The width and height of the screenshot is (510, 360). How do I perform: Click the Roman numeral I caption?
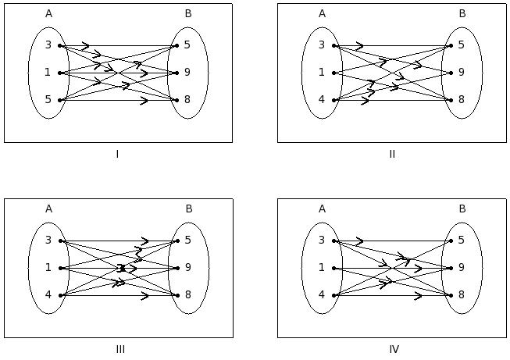pyautogui.click(x=117, y=154)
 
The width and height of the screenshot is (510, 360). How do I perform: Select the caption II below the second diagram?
pyautogui.click(x=392, y=154)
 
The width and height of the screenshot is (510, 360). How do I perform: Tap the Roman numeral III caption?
pyautogui.click(x=119, y=349)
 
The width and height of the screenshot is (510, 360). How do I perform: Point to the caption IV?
pyautogui.click(x=394, y=349)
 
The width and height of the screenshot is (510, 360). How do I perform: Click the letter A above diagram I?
pyautogui.click(x=48, y=13)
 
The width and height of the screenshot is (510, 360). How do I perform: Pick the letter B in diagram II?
pyautogui.click(x=462, y=13)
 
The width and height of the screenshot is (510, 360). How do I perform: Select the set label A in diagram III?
pyautogui.click(x=48, y=209)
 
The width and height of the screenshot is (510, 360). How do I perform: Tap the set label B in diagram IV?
pyautogui.click(x=462, y=209)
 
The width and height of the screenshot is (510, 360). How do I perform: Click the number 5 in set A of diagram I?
pyautogui.click(x=48, y=100)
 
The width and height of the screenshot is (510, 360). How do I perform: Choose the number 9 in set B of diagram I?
pyautogui.click(x=187, y=73)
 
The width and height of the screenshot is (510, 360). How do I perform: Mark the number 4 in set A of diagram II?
pyautogui.click(x=322, y=100)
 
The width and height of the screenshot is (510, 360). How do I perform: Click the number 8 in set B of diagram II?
pyautogui.click(x=462, y=100)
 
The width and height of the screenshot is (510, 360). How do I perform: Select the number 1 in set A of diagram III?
pyautogui.click(x=48, y=268)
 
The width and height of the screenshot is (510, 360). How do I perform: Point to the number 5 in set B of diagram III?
pyautogui.click(x=187, y=241)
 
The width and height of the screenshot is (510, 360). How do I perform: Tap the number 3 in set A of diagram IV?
pyautogui.click(x=322, y=241)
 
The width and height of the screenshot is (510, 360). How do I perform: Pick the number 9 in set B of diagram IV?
pyautogui.click(x=462, y=268)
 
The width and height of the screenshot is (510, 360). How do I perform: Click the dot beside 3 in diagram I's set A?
pyautogui.click(x=59, y=45)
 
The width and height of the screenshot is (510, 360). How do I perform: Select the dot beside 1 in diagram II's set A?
pyautogui.click(x=333, y=73)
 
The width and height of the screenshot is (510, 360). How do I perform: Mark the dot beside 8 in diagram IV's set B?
pyautogui.click(x=451, y=295)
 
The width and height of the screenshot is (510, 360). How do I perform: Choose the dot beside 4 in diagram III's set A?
pyautogui.click(x=59, y=295)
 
